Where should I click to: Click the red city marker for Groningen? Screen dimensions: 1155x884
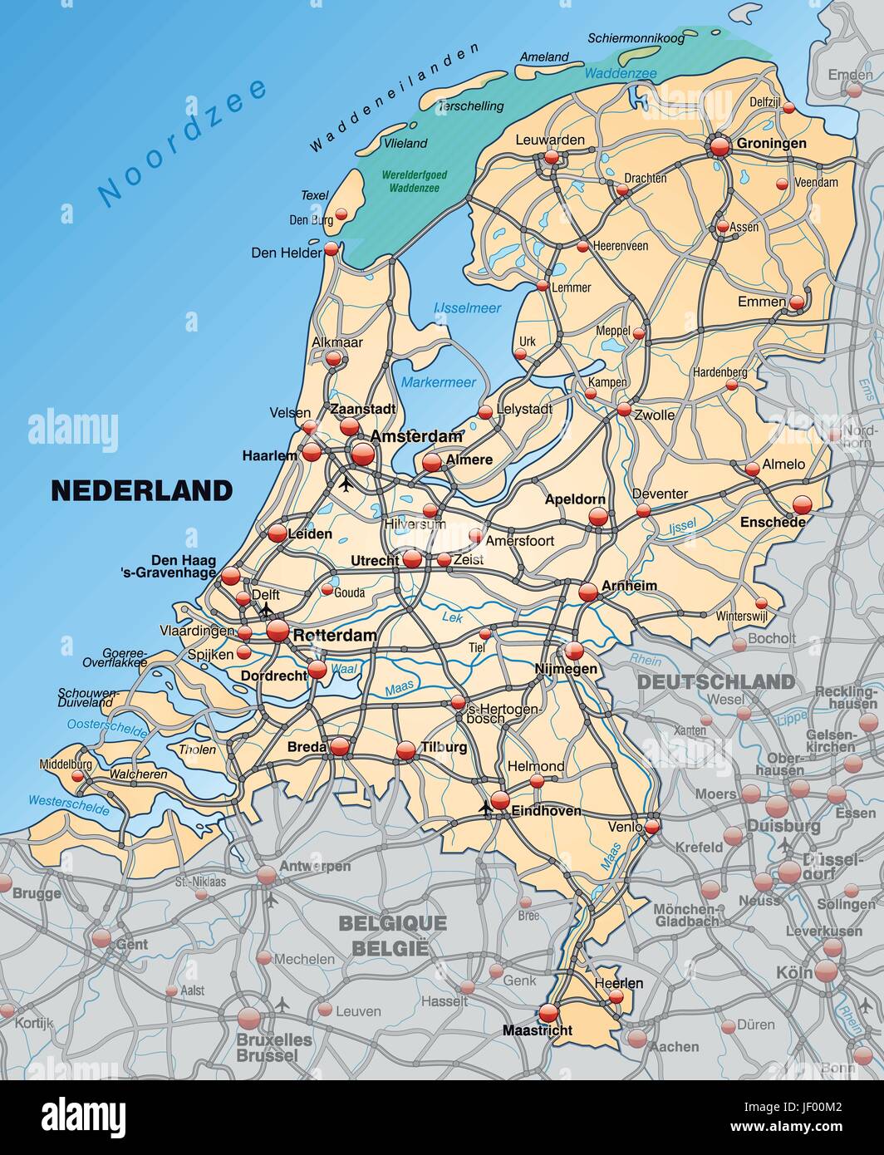(x=719, y=146)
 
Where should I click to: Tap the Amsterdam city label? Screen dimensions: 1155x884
(x=416, y=436)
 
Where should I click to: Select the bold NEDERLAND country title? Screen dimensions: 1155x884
(x=142, y=490)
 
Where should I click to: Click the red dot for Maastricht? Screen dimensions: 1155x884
(x=548, y=1013)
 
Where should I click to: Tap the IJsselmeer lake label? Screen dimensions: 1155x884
(x=468, y=308)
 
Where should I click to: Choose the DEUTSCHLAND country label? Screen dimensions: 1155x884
(x=715, y=682)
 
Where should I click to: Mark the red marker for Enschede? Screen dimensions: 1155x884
(x=802, y=504)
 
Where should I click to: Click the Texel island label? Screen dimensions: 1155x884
(x=315, y=195)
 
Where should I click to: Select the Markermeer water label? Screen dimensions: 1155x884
(x=439, y=382)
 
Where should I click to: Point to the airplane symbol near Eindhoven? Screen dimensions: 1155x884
(x=486, y=807)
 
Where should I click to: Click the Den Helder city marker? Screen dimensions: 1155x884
(x=331, y=248)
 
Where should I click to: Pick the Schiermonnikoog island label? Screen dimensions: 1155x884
(x=636, y=38)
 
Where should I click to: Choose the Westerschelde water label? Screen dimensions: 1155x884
(x=68, y=804)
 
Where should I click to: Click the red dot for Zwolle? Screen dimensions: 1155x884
(x=624, y=409)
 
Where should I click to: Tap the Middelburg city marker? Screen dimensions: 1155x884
(x=77, y=776)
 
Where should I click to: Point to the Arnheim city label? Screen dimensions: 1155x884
(x=629, y=586)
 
